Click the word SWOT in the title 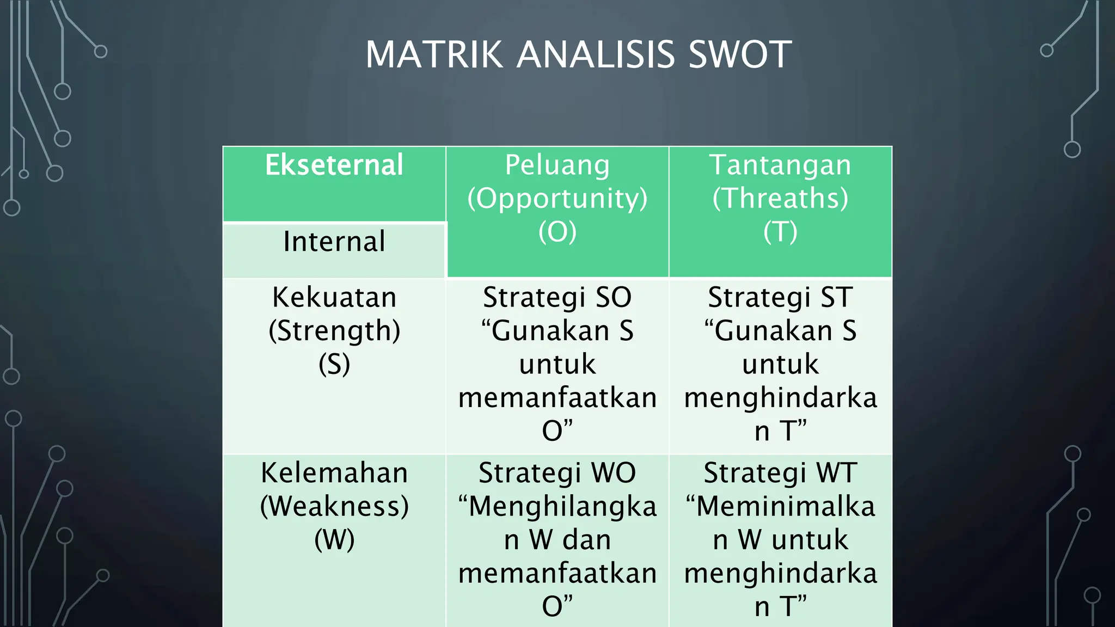pos(739,55)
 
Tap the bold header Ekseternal pos(334,165)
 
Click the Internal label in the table pos(334,241)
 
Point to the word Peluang pos(557,165)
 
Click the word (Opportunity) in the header pos(557,199)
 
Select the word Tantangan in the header pos(780,165)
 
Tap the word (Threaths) pos(780,199)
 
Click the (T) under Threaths pos(780,232)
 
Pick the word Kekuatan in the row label pos(334,298)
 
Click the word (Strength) pos(334,331)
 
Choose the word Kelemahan pos(334,473)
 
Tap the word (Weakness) pos(334,507)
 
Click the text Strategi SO pos(557,298)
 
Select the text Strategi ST pos(780,298)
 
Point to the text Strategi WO pos(557,473)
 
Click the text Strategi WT pos(780,473)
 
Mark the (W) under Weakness pos(334,540)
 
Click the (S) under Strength pos(334,364)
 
